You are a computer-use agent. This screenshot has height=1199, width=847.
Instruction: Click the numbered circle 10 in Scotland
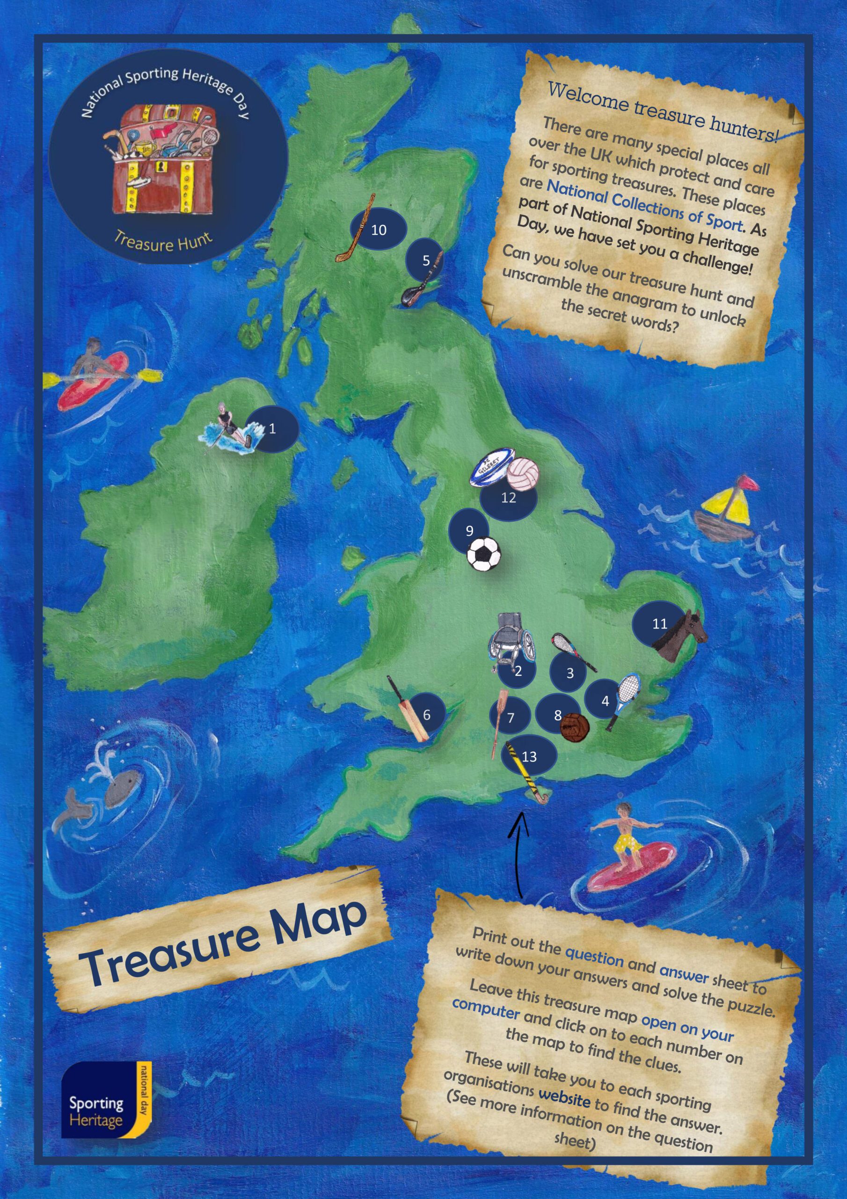point(379,230)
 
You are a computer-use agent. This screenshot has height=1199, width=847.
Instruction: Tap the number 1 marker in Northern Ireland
point(272,429)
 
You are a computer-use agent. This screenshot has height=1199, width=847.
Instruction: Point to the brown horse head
point(681,635)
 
